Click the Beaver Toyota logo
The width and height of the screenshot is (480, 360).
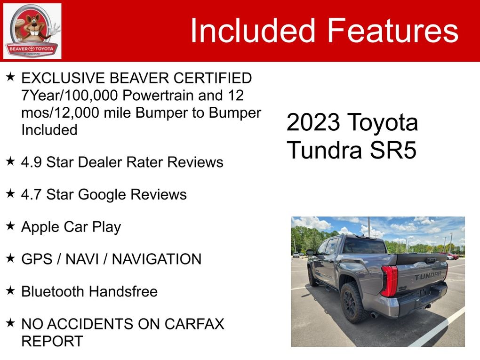pyautogui.click(x=32, y=31)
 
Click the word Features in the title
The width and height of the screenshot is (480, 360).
pyautogui.click(x=393, y=30)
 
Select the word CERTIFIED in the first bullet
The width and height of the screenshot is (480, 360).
pyautogui.click(x=213, y=78)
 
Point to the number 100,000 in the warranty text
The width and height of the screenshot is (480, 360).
pyautogui.click(x=91, y=95)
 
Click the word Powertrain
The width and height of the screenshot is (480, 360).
pyautogui.click(x=159, y=95)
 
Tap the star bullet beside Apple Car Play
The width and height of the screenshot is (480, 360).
pyautogui.click(x=10, y=226)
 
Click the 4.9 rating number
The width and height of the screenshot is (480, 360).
pyautogui.click(x=31, y=162)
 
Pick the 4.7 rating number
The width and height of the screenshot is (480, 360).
pyautogui.click(x=31, y=194)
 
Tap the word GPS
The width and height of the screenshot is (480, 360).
pyautogui.click(x=37, y=259)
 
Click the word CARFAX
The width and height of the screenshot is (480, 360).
pyautogui.click(x=194, y=324)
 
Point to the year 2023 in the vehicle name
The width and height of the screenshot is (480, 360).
pyautogui.click(x=313, y=122)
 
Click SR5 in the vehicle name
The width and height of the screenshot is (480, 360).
pyautogui.click(x=393, y=150)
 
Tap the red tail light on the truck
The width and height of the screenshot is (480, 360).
pyautogui.click(x=389, y=280)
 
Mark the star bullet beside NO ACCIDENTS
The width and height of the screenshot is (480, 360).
pyautogui.click(x=10, y=323)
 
